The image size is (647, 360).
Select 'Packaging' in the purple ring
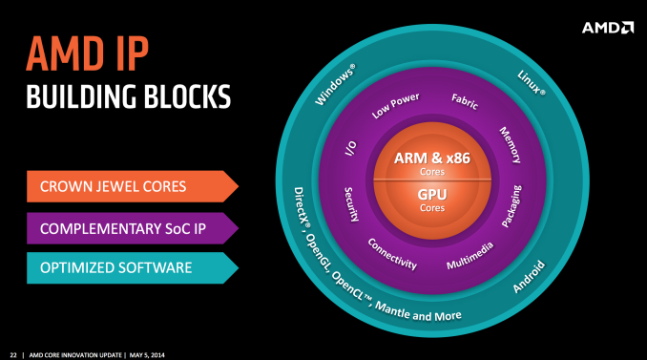[512, 207]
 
